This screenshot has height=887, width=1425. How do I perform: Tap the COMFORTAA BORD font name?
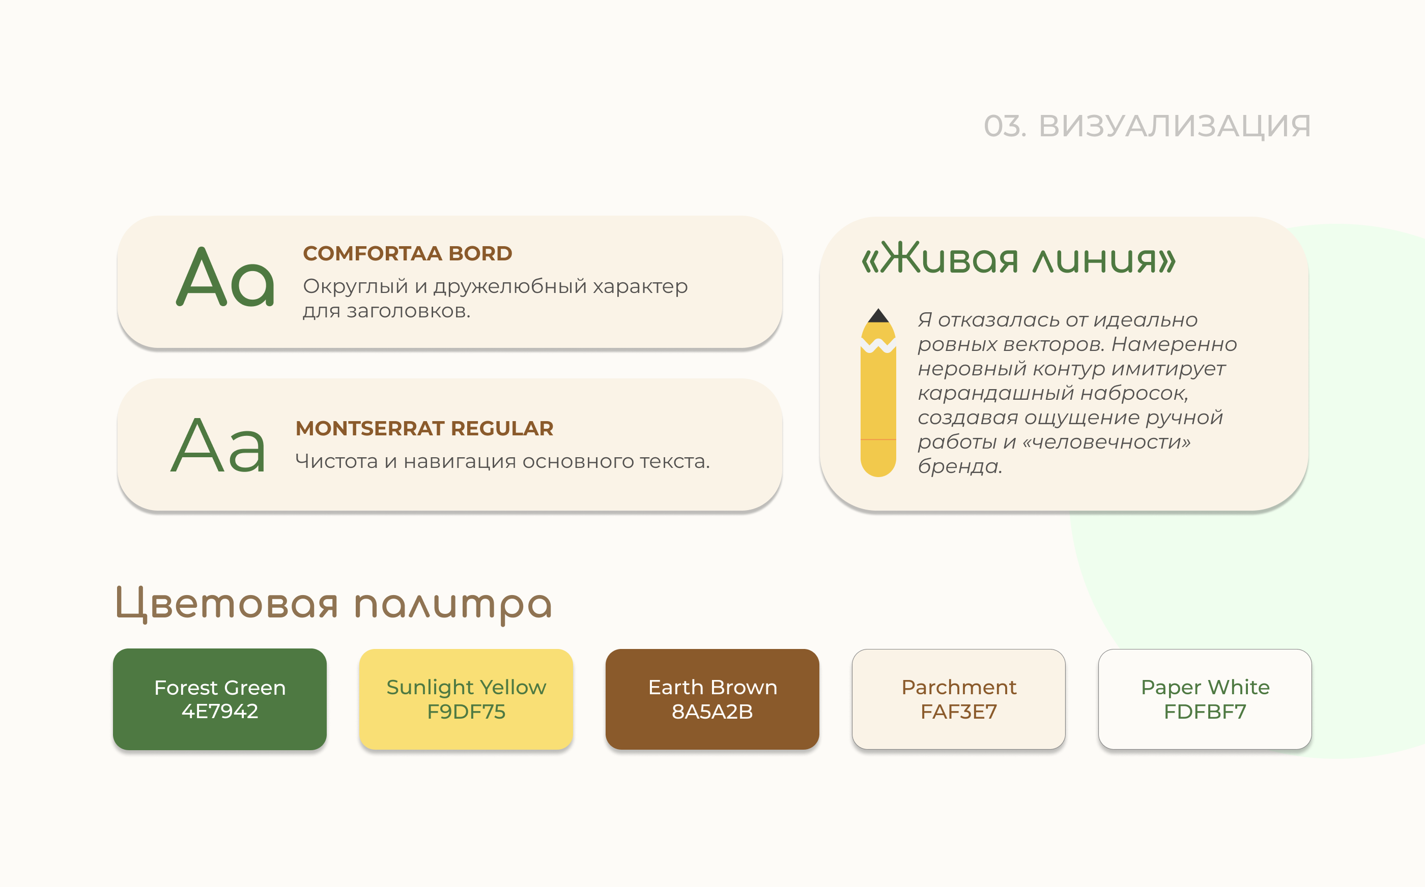(407, 253)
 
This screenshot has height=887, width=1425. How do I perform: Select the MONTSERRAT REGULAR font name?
(424, 428)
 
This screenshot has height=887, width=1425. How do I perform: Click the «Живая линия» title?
(1018, 259)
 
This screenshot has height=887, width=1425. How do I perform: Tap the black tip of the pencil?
(878, 316)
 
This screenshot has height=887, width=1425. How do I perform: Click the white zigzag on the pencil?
(878, 345)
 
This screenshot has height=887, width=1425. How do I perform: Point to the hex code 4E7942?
(219, 712)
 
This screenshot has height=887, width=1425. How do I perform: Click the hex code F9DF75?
(466, 712)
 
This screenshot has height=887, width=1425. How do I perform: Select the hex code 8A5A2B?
(712, 712)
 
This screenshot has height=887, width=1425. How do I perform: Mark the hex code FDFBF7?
(1205, 712)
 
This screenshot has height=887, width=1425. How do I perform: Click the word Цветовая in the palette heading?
(227, 604)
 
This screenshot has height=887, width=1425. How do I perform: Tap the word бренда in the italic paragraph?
(958, 466)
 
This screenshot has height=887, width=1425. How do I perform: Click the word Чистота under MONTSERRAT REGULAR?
(336, 462)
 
